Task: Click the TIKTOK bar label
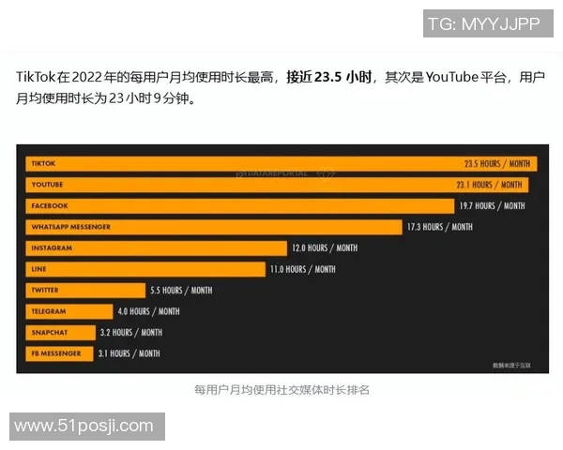coord(43,163)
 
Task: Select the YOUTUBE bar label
coord(47,185)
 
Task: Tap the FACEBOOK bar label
coord(49,205)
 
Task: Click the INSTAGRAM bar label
coord(52,248)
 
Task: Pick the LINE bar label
coord(38,269)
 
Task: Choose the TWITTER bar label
coord(45,291)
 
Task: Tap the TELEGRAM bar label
coord(48,311)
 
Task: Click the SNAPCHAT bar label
coord(49,333)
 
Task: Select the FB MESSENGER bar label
coord(55,353)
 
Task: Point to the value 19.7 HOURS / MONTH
coord(492,205)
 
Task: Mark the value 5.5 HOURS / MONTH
coord(181,291)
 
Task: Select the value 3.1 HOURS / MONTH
coord(129,353)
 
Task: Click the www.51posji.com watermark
coord(84,427)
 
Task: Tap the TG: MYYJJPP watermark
coord(483,24)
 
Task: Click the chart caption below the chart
coord(282,389)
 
